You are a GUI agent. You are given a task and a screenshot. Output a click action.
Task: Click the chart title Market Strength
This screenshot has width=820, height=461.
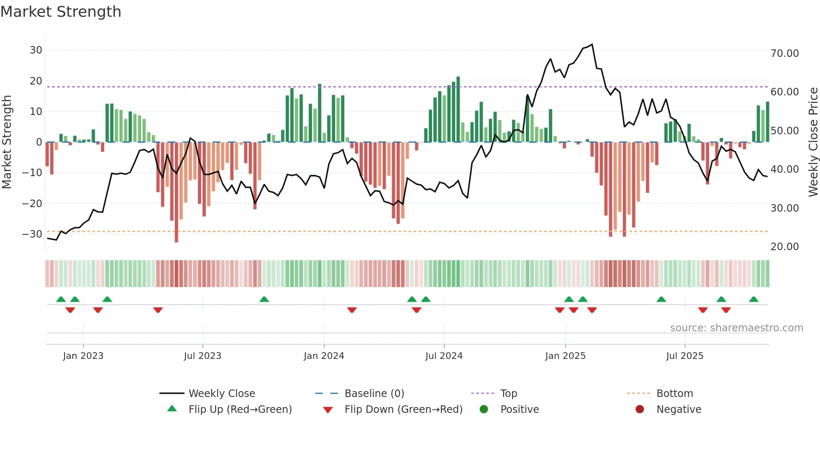point(61,12)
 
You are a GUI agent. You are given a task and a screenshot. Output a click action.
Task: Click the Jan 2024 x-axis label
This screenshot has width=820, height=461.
point(324,356)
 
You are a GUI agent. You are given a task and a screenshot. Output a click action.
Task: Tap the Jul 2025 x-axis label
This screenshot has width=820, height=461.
point(684,356)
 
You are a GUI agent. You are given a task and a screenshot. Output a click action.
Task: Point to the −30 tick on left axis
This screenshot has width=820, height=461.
point(32,234)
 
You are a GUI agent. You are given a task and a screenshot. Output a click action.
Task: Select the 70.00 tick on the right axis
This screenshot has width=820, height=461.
point(784,54)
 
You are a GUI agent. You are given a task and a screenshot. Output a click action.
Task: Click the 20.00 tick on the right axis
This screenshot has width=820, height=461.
point(784,247)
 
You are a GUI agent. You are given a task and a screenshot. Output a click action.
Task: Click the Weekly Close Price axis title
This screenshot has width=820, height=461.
point(813,142)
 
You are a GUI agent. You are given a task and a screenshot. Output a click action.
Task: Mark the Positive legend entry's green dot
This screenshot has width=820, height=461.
point(484,410)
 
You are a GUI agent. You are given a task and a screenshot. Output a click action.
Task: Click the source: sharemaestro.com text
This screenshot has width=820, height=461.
point(736,328)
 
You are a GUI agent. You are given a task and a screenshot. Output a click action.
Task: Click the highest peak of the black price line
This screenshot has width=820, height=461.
point(592,44)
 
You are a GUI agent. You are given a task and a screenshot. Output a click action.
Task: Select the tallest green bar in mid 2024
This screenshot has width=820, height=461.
point(458,109)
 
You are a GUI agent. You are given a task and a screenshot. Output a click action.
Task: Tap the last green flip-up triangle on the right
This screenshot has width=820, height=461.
point(753,300)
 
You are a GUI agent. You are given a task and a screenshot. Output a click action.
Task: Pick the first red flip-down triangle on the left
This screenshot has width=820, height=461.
point(70,310)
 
